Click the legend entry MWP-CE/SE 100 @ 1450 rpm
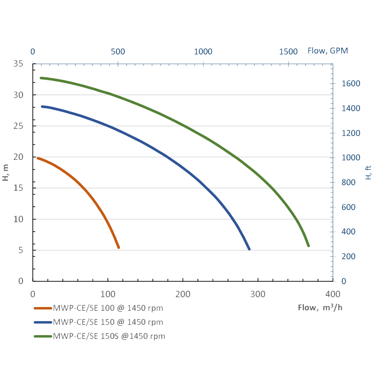(x=108, y=308)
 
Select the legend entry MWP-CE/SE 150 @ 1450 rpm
(x=108, y=322)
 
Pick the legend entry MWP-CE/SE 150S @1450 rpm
(x=109, y=336)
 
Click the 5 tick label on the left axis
(x=21, y=250)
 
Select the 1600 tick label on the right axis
(x=351, y=83)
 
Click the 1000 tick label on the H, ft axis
(x=351, y=158)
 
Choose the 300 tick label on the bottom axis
(x=258, y=294)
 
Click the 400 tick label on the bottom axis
(x=333, y=294)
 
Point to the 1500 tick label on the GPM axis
(x=288, y=51)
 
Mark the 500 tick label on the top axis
(x=118, y=51)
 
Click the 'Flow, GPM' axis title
(x=328, y=51)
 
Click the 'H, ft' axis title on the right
(x=368, y=172)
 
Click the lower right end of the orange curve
(x=119, y=247)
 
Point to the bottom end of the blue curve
(x=249, y=249)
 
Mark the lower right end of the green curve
(x=308, y=246)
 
